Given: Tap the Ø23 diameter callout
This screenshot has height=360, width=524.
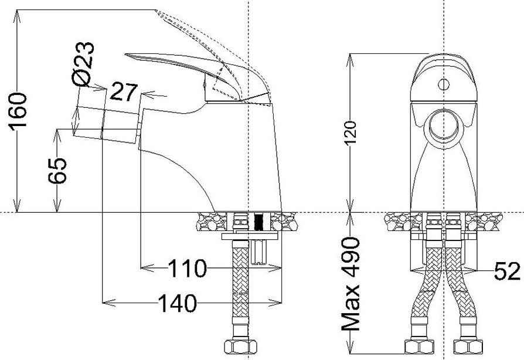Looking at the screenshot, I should tap(83, 64).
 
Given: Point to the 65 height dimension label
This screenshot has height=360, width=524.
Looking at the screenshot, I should tap(59, 171).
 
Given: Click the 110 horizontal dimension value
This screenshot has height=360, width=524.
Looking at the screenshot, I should tap(188, 269).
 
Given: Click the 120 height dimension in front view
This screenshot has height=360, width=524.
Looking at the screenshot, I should tap(351, 134).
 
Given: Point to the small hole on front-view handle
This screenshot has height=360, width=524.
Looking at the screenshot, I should tap(443, 83).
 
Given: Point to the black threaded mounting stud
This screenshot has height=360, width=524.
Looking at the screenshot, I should tap(258, 222).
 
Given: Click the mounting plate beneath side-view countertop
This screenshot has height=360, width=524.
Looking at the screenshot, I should tap(249, 237).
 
